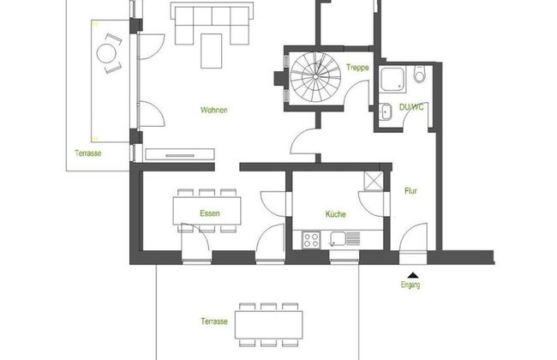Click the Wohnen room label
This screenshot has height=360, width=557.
(x=214, y=111)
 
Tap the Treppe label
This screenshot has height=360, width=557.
(x=357, y=68)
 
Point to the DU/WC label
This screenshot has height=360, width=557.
(x=411, y=106)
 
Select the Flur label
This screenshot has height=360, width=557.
(x=410, y=192)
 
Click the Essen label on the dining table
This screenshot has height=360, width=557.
(x=209, y=213)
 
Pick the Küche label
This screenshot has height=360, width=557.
(x=334, y=214)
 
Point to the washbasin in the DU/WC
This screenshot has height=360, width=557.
(x=383, y=109)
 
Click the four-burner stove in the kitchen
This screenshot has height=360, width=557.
(x=312, y=238)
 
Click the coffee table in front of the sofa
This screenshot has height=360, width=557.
(x=211, y=50)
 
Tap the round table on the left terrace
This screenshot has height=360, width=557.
(x=109, y=54)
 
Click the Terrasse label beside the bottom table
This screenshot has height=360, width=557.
(x=214, y=321)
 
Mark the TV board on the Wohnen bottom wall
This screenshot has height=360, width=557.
(x=179, y=153)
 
